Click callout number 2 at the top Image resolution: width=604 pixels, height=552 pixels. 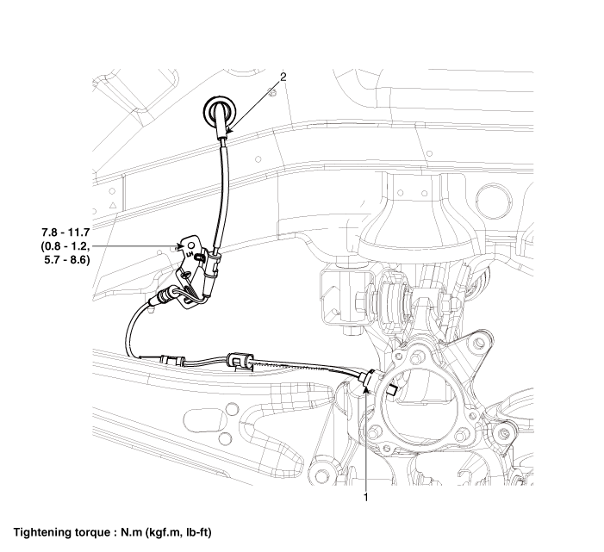click(283, 77)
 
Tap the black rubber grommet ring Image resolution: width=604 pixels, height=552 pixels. click(219, 112)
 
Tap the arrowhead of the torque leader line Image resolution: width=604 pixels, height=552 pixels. click(177, 245)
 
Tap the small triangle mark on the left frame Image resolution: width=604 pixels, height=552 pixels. click(113, 207)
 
